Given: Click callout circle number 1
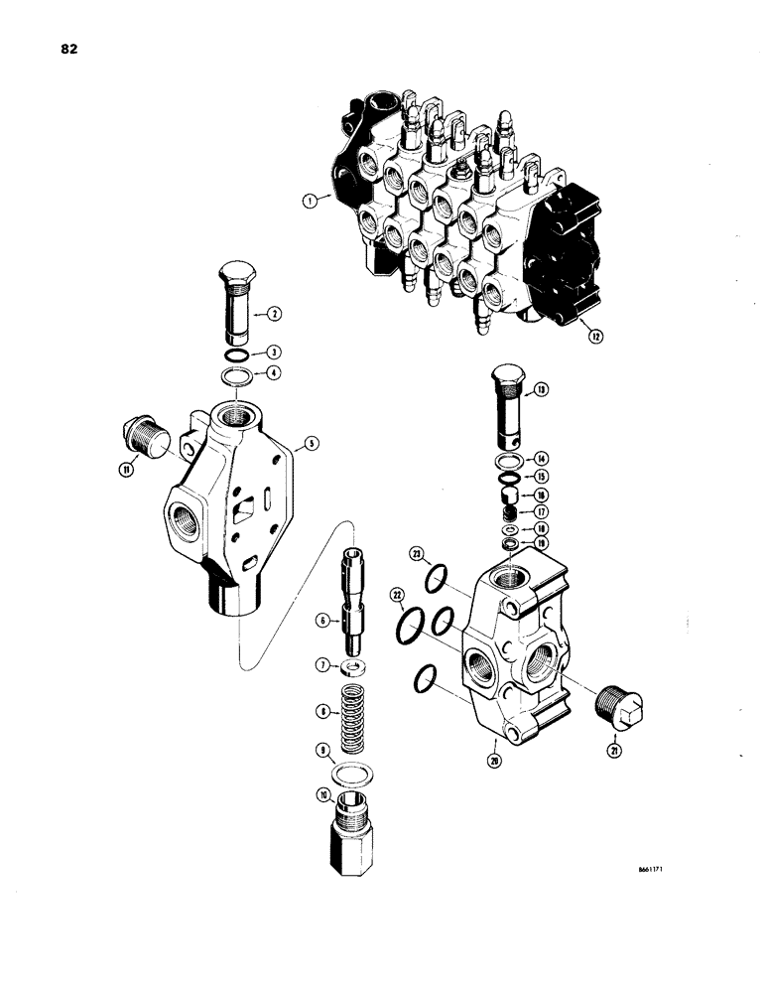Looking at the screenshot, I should (x=311, y=199).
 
